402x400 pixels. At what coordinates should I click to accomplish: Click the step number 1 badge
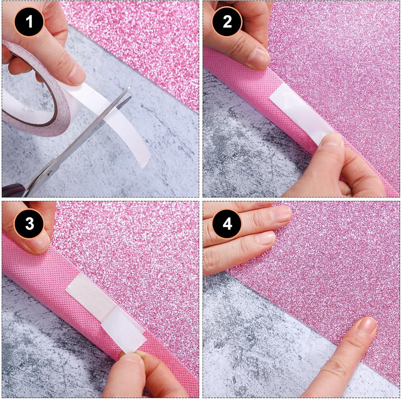[x=29, y=21]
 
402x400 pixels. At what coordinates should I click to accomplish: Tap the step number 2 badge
[x=227, y=21]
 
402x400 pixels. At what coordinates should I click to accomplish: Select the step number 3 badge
[x=29, y=223]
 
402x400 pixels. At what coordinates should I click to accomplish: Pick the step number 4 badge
[x=227, y=223]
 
